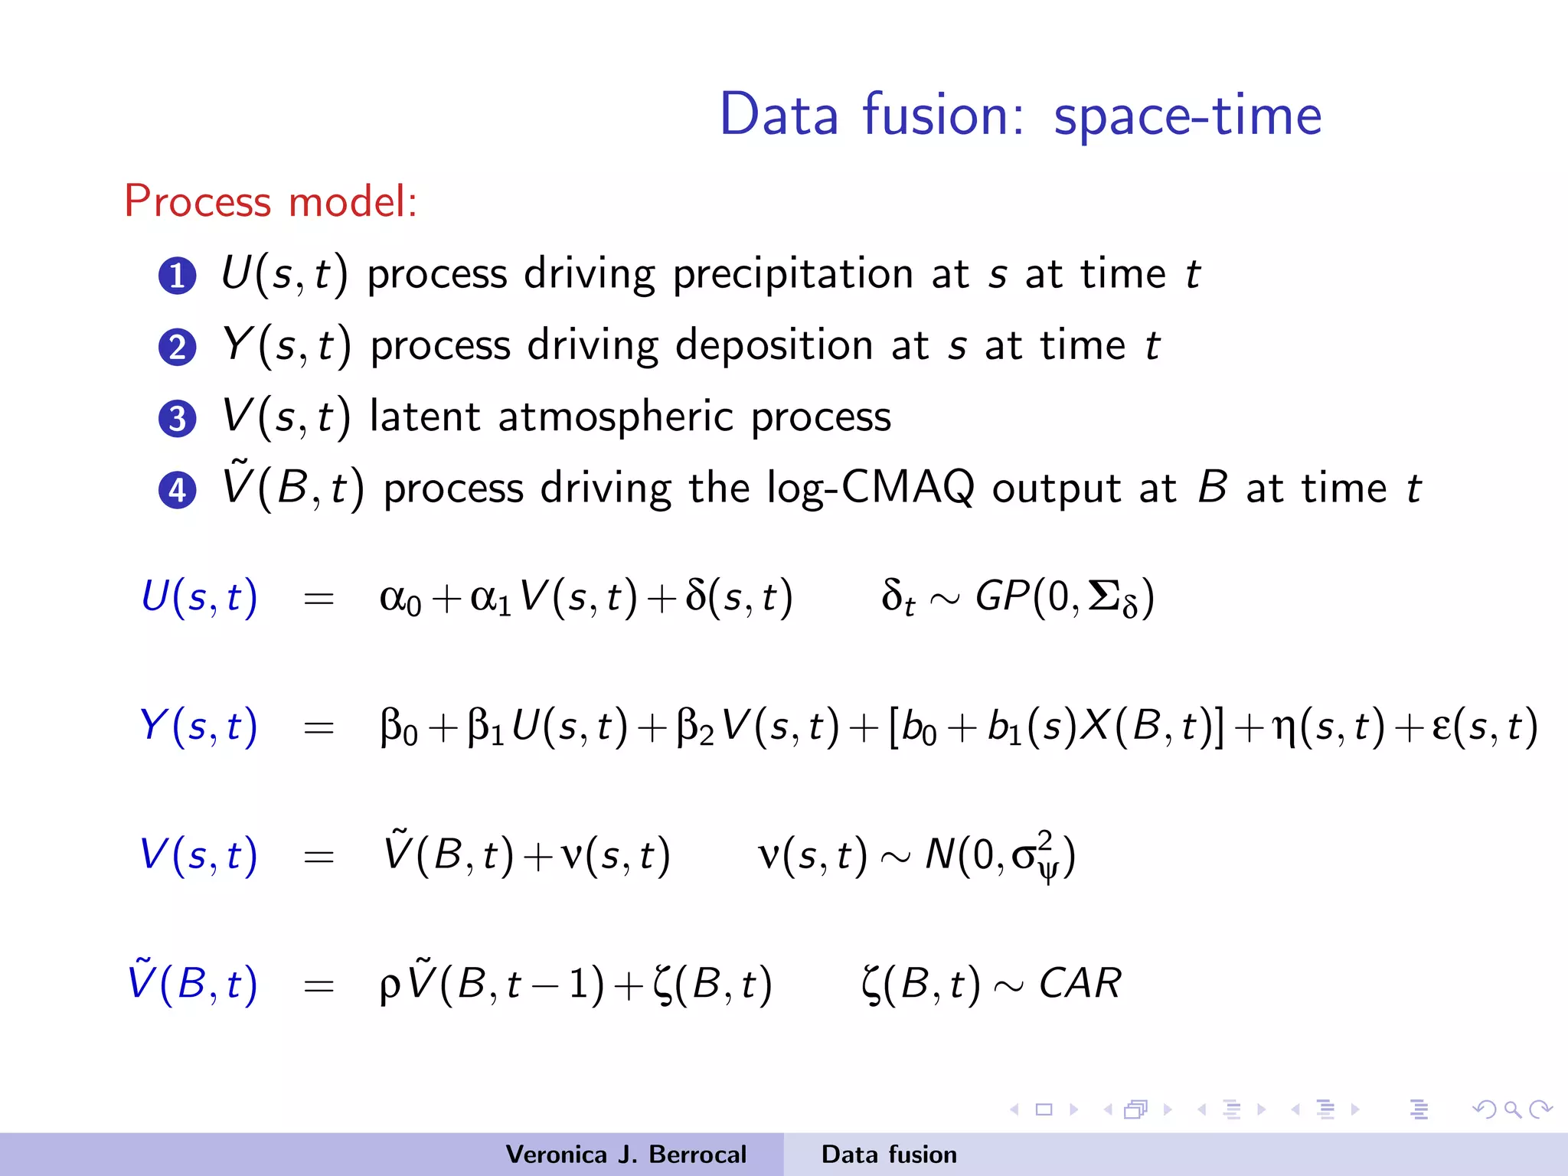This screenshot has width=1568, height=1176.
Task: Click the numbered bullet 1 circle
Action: pyautogui.click(x=178, y=276)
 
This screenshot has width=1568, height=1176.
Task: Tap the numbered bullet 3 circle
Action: pyautogui.click(x=178, y=419)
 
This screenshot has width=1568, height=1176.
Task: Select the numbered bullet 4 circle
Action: pyautogui.click(x=178, y=490)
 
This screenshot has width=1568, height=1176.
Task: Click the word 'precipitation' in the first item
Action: pyautogui.click(x=792, y=274)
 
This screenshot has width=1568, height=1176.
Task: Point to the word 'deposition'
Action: pyautogui.click(x=774, y=345)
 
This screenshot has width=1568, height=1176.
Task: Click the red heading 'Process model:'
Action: pyautogui.click(x=271, y=201)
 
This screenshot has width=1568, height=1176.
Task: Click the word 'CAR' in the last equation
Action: pyautogui.click(x=1080, y=983)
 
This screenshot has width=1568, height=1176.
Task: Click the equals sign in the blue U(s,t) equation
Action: pyautogui.click(x=318, y=598)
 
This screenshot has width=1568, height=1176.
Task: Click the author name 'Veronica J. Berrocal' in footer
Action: pyautogui.click(x=626, y=1155)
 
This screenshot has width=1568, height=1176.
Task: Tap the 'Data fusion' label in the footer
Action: pyautogui.click(x=889, y=1155)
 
